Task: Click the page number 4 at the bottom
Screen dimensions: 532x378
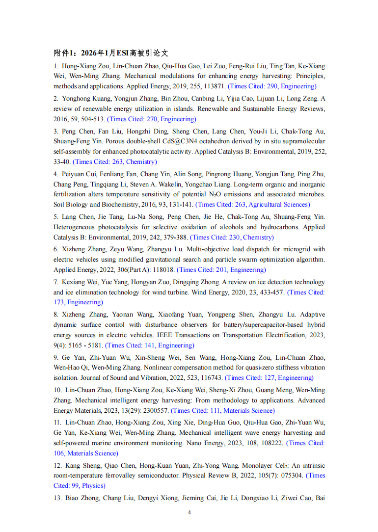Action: [189, 512]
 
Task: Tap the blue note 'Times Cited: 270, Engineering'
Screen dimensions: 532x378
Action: [152, 119]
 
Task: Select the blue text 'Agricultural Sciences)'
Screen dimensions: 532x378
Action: [280, 205]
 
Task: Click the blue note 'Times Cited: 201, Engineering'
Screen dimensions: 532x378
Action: [221, 270]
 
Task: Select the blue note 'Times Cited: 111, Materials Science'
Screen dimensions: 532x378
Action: [223, 411]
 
